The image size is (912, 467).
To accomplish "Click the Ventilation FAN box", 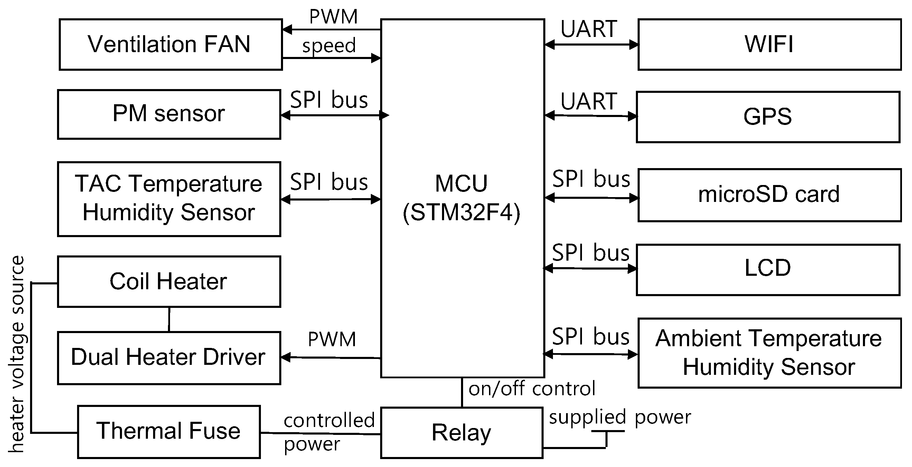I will (x=170, y=45).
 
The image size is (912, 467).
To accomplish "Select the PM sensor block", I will (x=169, y=114).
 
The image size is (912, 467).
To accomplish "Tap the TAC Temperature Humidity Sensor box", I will (x=169, y=199).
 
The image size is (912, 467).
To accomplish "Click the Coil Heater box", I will (x=169, y=281).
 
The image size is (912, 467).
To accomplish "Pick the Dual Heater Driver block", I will (x=169, y=357).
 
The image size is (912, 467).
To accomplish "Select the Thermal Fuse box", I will (x=169, y=431).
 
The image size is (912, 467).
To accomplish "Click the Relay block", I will (x=461, y=433).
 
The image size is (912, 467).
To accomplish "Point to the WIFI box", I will (x=769, y=45).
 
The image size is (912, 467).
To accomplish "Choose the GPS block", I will (x=768, y=117).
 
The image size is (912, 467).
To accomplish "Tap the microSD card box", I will (x=769, y=195).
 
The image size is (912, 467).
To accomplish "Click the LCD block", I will (x=768, y=269).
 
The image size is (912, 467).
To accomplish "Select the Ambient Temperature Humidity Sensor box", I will (x=769, y=353).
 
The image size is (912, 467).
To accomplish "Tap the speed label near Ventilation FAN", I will (x=329, y=46).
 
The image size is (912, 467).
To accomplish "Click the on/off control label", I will (x=532, y=389).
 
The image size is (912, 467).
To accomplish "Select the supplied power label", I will (x=620, y=418).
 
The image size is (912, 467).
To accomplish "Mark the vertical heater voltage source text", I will (x=17, y=353).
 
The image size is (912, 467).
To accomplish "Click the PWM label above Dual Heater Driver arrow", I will (x=332, y=339).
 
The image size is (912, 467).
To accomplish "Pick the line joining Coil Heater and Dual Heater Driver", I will (x=169, y=319).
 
